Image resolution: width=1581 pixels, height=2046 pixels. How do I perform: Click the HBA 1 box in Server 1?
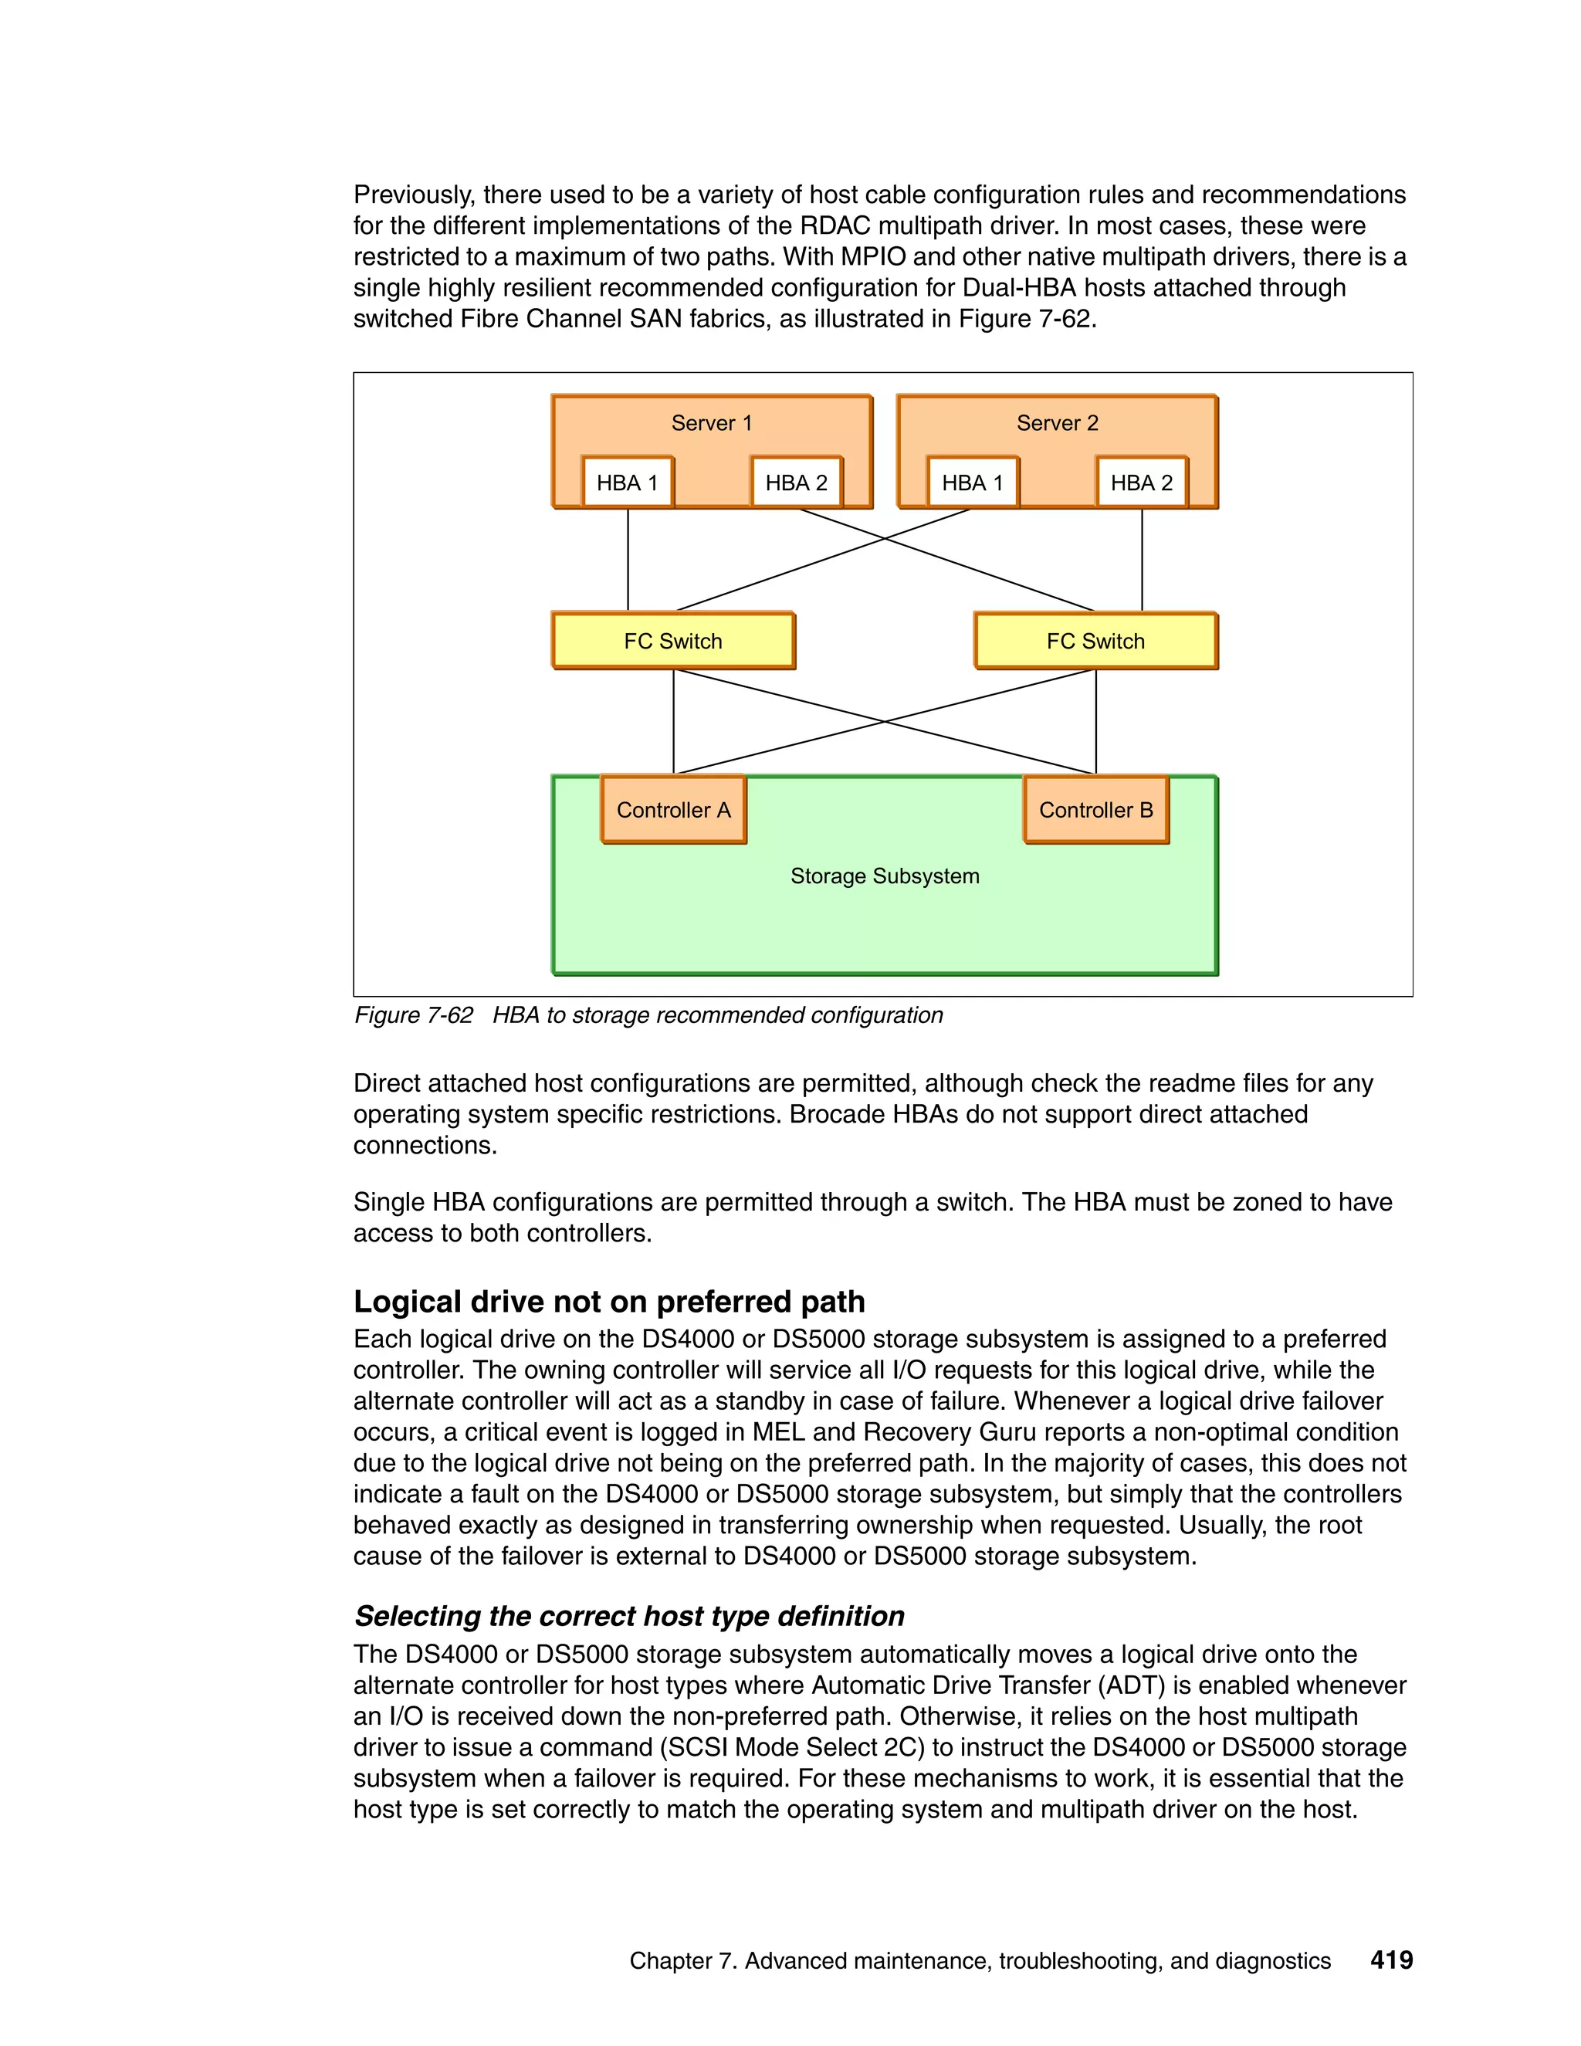click(627, 483)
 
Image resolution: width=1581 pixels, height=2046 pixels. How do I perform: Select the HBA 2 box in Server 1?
click(796, 483)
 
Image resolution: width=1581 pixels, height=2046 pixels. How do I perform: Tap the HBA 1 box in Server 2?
click(971, 483)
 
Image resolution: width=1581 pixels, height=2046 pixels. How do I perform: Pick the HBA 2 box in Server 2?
click(1141, 483)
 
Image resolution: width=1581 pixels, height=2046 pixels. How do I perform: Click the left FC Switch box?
click(672, 641)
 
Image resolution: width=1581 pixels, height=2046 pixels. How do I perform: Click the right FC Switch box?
click(1095, 641)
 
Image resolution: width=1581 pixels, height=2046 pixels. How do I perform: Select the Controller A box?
click(672, 809)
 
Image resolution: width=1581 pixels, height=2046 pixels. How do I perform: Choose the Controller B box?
click(1095, 809)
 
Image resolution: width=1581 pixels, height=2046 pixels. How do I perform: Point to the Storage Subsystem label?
click(884, 876)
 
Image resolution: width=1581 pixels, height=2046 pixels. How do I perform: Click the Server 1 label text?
click(711, 423)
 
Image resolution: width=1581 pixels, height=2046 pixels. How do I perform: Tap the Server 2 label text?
click(1057, 423)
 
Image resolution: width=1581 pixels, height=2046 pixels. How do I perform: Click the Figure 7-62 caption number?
click(413, 1015)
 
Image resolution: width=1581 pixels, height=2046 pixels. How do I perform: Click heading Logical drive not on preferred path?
click(609, 1301)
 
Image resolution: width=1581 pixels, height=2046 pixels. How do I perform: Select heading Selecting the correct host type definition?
click(628, 1616)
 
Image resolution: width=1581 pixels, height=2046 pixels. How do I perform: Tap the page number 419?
click(1391, 1960)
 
